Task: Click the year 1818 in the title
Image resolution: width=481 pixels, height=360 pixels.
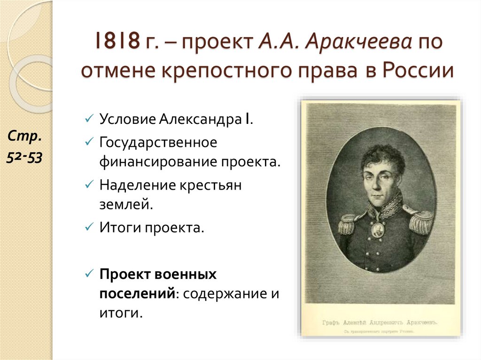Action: coord(116,43)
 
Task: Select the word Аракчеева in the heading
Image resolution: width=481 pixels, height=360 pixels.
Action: coord(357,43)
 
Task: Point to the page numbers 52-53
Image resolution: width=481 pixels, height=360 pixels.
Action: coord(24,158)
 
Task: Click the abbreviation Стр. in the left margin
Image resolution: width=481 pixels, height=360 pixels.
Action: coord(24,138)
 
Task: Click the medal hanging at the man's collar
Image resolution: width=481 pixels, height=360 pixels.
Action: coord(377,229)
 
